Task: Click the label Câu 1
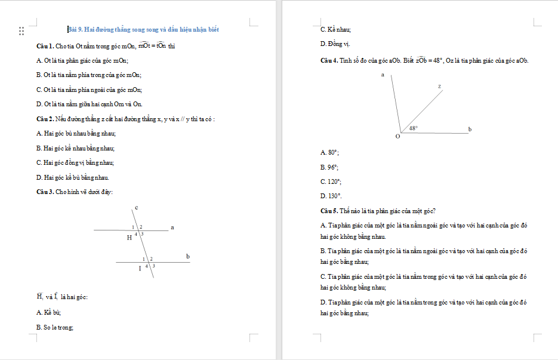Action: [x=45, y=46]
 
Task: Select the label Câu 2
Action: [x=45, y=119]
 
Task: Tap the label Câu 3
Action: [x=45, y=192]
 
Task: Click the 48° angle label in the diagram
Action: [x=414, y=128]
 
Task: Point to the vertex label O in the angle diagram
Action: [x=397, y=137]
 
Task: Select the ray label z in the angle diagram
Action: [x=439, y=87]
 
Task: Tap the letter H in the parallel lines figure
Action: [x=129, y=238]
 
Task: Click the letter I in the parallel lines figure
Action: [x=140, y=269]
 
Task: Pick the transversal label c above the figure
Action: [x=136, y=207]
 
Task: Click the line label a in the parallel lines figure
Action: [x=172, y=227]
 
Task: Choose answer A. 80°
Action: [x=329, y=152]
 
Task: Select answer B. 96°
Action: [x=329, y=167]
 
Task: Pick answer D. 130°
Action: [x=331, y=195]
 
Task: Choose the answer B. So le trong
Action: [x=55, y=327]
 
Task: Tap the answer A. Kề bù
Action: [x=48, y=312]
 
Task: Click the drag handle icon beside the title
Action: [x=21, y=30]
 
